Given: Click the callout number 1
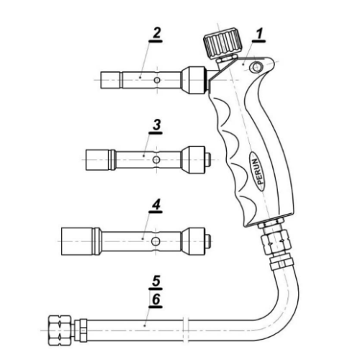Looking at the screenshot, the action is tap(259, 34).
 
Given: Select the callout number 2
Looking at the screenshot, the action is tap(156, 33).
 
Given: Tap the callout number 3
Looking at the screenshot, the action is tap(156, 125).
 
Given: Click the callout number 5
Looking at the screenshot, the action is tap(156, 281).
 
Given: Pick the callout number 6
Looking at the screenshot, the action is tap(156, 300).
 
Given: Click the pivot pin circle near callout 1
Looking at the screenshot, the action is tap(256, 66).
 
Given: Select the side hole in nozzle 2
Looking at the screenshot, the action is tap(157, 80).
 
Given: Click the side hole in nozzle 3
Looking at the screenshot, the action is tap(156, 160).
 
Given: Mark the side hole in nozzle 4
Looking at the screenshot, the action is tap(156, 241).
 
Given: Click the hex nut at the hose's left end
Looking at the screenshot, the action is tap(60, 330).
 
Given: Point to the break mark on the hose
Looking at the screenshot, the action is tap(185, 330).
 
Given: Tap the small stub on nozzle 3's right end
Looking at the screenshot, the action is tap(208, 160).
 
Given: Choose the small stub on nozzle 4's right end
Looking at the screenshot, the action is tap(208, 241).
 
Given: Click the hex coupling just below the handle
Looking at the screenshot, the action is tap(276, 243).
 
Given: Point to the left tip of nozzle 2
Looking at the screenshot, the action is tap(110, 80).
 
